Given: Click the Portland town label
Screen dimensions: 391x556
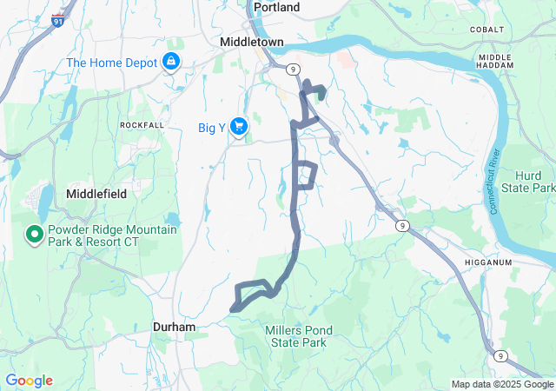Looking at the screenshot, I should point(276,7).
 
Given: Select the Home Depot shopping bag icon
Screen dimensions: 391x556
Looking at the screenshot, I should point(171,62).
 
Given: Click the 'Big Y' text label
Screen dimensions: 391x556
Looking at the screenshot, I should point(212,129).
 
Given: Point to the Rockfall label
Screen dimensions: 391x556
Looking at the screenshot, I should point(142,125).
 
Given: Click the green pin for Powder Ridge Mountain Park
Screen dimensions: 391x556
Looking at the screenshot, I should point(35,234).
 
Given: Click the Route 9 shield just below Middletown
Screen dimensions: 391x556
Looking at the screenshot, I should point(295,68).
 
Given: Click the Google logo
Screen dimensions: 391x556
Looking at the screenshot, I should point(29,381).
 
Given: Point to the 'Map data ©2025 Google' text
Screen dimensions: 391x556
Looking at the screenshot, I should point(501,384).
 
